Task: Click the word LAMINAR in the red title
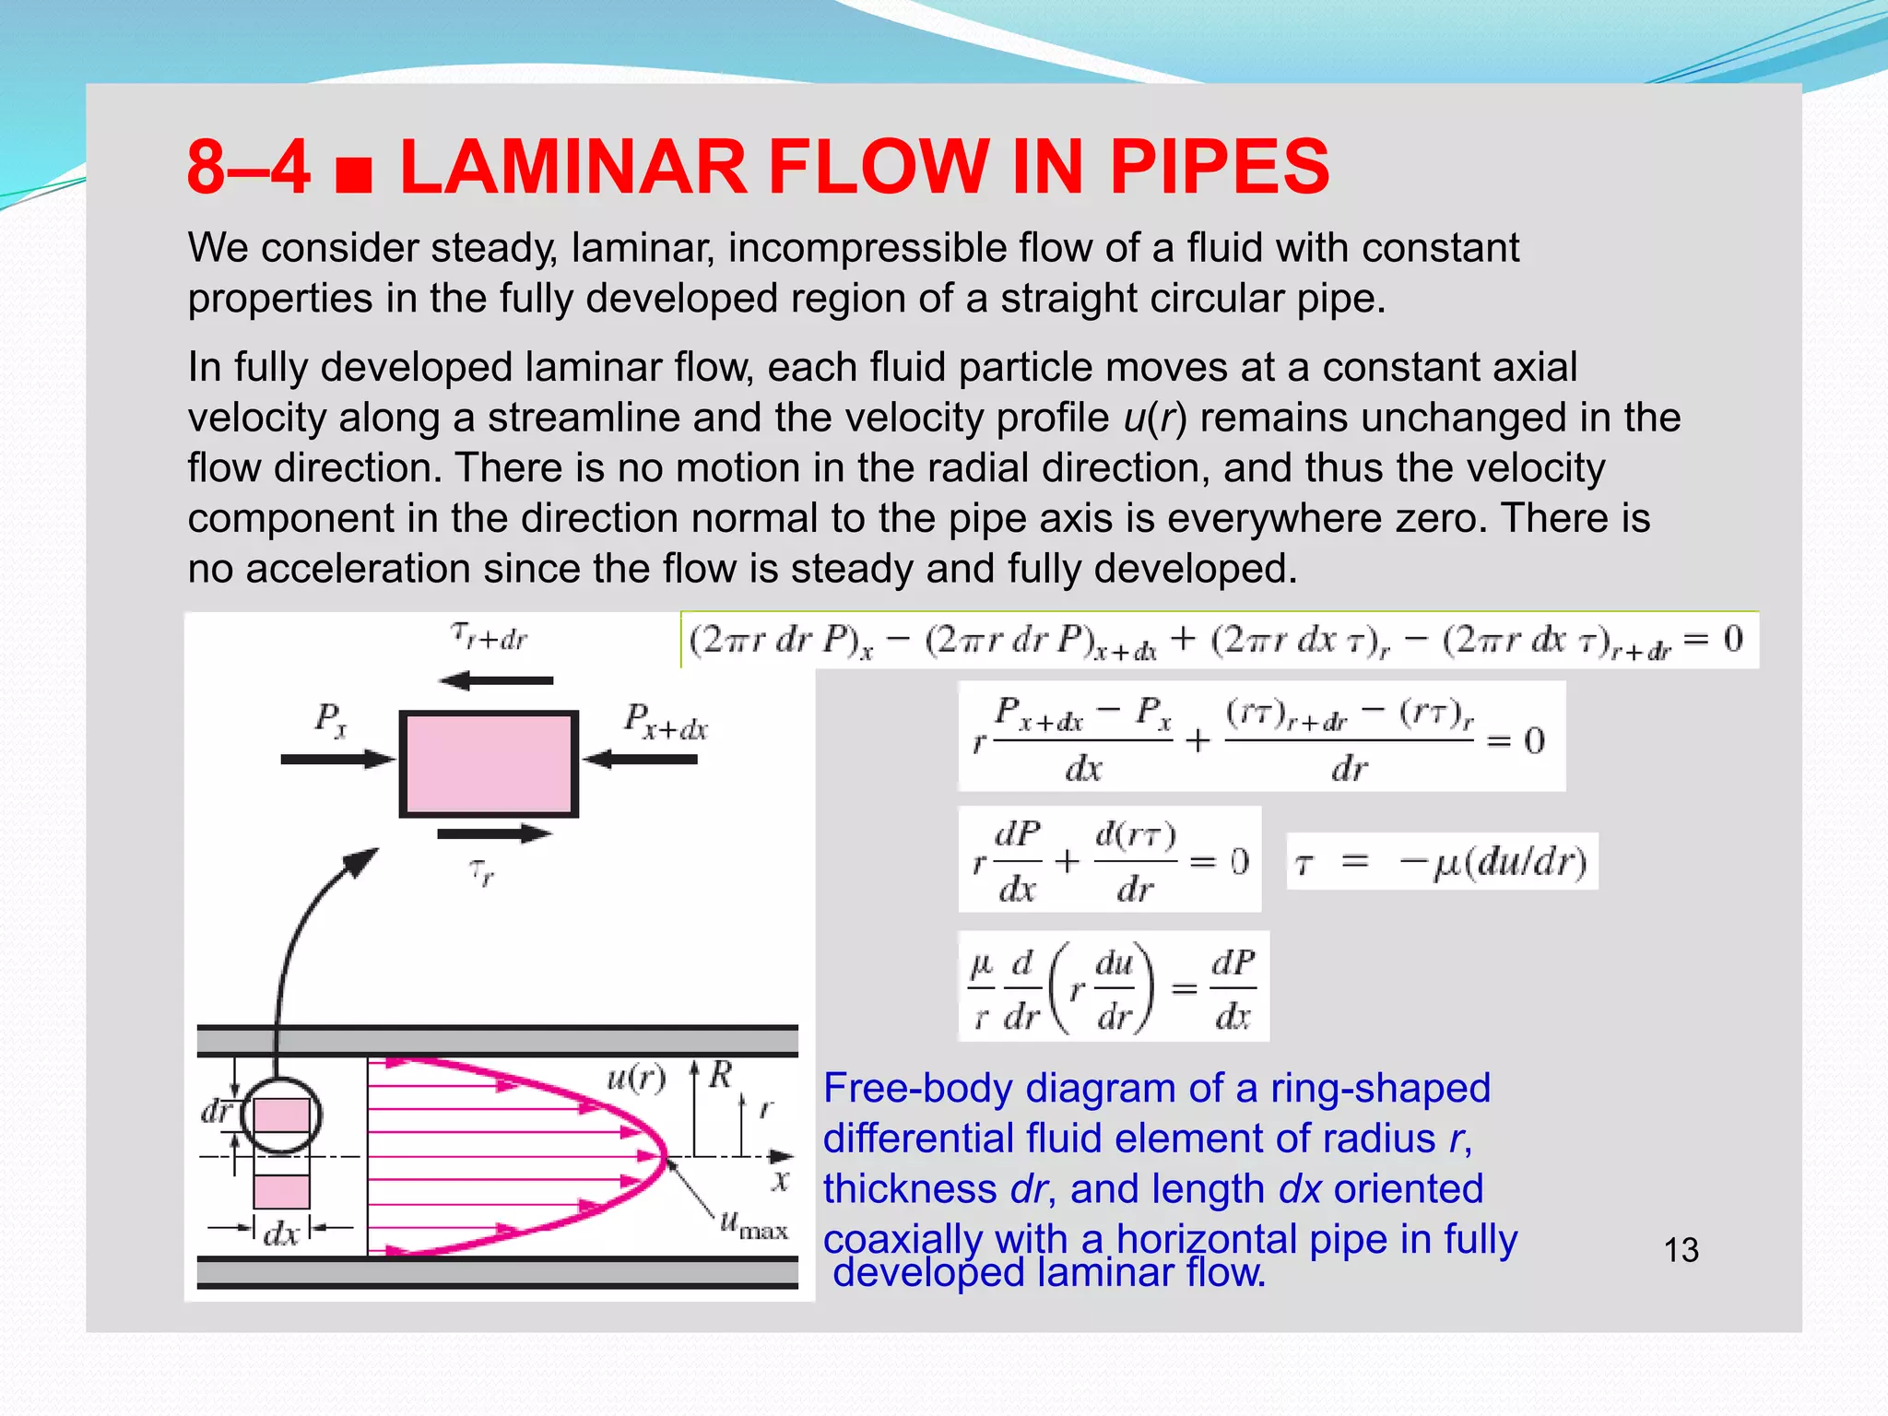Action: pyautogui.click(x=572, y=167)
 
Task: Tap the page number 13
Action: pyautogui.click(x=1681, y=1250)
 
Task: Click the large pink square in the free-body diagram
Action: pyautogui.click(x=489, y=763)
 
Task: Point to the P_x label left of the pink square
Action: pyautogui.click(x=331, y=718)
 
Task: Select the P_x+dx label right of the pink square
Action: pyautogui.click(x=665, y=722)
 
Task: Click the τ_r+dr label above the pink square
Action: pyautogui.click(x=489, y=636)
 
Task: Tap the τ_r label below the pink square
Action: pyautogui.click(x=481, y=871)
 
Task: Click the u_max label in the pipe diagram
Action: pyautogui.click(x=753, y=1225)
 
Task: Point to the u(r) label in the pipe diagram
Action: pyautogui.click(x=635, y=1077)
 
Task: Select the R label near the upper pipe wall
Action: pyautogui.click(x=720, y=1074)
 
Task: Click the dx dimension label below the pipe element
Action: pyautogui.click(x=281, y=1233)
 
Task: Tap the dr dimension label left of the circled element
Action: pyautogui.click(x=218, y=1111)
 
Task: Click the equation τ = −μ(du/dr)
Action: pyautogui.click(x=1441, y=862)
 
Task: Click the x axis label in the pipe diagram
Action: pyautogui.click(x=781, y=1181)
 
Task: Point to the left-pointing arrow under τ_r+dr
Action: pyautogui.click(x=496, y=681)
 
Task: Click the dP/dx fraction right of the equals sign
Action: pyautogui.click(x=1233, y=988)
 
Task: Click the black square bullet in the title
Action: pyautogui.click(x=354, y=175)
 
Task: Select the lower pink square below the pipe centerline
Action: pyautogui.click(x=281, y=1190)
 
